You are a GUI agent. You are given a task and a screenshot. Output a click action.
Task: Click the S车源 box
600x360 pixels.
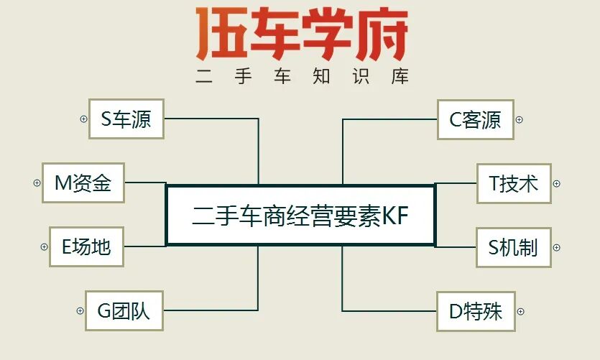pos(126,119)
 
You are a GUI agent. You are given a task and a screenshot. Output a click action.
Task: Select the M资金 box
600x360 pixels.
pos(83,183)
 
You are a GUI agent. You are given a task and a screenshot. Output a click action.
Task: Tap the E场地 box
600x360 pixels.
pos(86,247)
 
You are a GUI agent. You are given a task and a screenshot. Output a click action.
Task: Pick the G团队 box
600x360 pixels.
pos(124,311)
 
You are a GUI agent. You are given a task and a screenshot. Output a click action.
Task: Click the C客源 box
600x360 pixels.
pos(476,119)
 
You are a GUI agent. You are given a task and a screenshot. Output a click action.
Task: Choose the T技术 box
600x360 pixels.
pos(514,183)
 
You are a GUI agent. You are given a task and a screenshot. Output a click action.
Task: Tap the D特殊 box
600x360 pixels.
pos(476,311)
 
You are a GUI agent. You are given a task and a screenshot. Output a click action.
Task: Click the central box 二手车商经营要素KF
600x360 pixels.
pos(300,216)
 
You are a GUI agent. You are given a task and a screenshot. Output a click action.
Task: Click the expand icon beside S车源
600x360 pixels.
pos(83,119)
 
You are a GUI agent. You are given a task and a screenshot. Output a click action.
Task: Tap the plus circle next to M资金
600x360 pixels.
pos(37,183)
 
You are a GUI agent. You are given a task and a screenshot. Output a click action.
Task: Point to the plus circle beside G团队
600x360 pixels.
pos(80,311)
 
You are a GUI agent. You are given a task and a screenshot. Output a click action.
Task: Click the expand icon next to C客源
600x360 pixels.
pos(520,119)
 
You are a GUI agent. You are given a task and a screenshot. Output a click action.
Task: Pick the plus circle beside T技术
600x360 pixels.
pos(556,184)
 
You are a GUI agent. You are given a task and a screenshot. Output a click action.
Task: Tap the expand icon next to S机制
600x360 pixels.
pos(556,248)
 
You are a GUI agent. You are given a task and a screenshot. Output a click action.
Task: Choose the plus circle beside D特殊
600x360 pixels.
pos(521,312)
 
